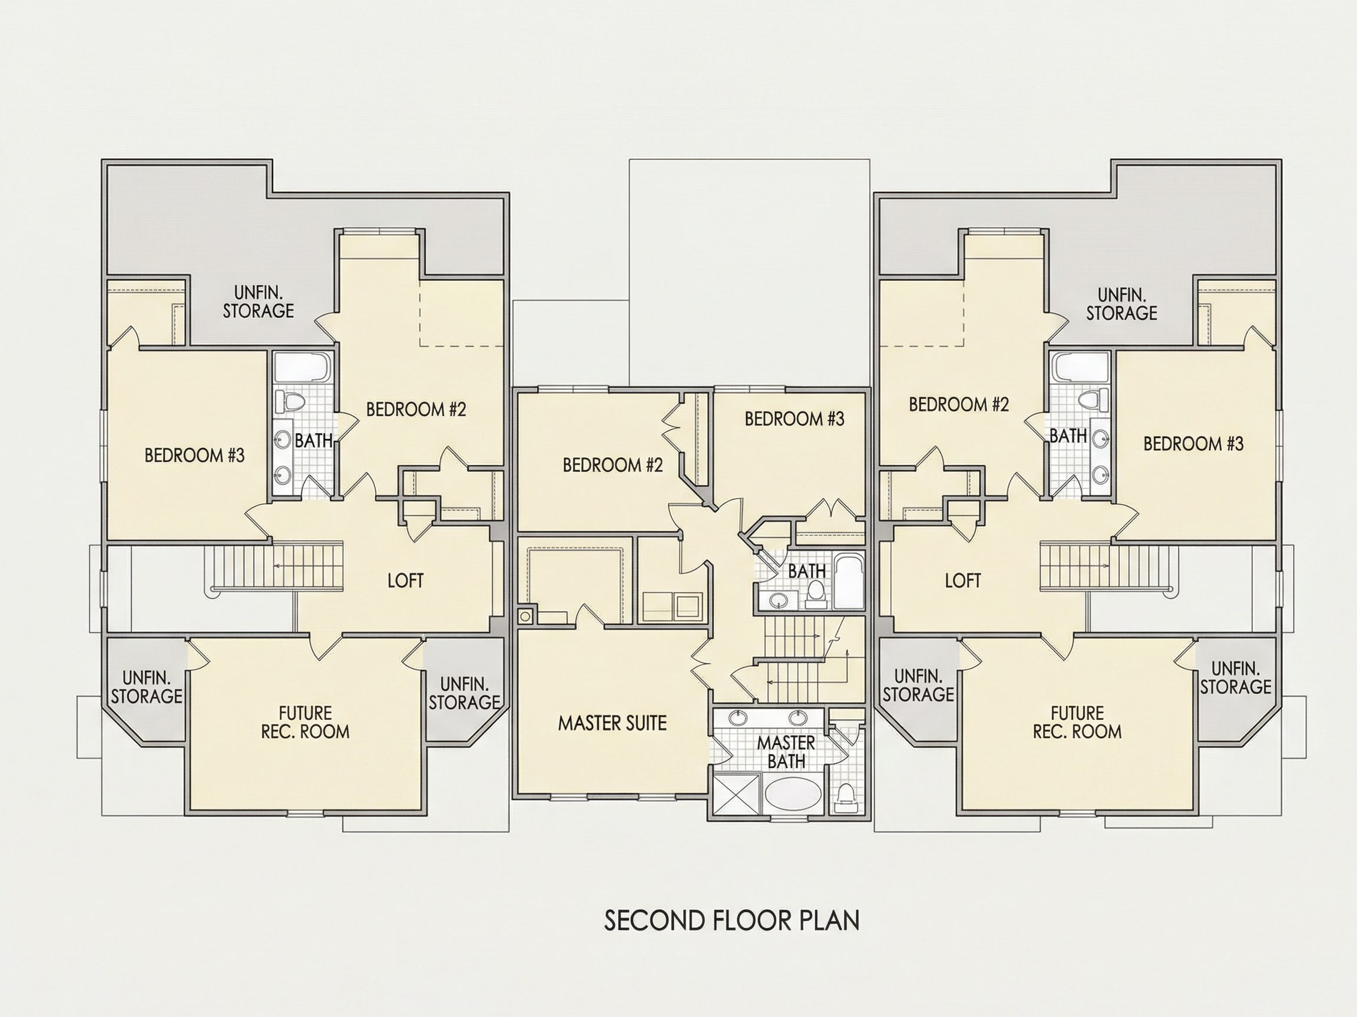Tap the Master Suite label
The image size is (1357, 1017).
[613, 723]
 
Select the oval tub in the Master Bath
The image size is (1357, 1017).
[793, 795]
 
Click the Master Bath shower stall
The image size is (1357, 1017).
[736, 795]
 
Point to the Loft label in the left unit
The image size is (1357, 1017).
[405, 580]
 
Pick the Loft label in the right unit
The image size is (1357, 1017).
[962, 580]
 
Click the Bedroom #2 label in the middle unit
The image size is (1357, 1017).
[613, 465]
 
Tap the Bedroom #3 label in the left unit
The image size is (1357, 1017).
[194, 455]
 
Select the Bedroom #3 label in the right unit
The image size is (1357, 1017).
[1193, 443]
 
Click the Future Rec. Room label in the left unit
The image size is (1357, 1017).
[306, 722]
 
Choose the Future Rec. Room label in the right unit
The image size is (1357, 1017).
[1077, 722]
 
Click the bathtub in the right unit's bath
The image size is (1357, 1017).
[1080, 368]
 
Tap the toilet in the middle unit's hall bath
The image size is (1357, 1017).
[815, 593]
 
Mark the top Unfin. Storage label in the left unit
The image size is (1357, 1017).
[259, 301]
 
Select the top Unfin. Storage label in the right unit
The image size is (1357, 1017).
[1121, 304]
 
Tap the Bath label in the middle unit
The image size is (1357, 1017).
[807, 571]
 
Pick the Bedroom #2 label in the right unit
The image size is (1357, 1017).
[959, 404]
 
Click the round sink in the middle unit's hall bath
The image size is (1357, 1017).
[779, 601]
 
